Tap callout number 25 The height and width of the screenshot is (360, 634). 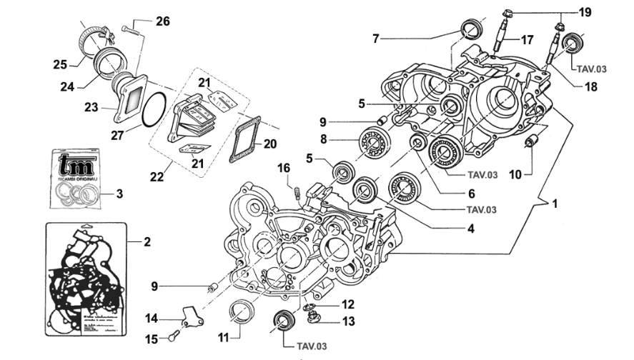(60, 64)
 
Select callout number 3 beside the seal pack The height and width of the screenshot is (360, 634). (119, 194)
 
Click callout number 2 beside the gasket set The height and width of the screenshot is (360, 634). (147, 241)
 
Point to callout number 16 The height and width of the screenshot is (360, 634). (284, 168)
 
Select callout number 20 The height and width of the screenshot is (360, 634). (269, 144)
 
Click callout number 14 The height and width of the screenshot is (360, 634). (152, 319)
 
